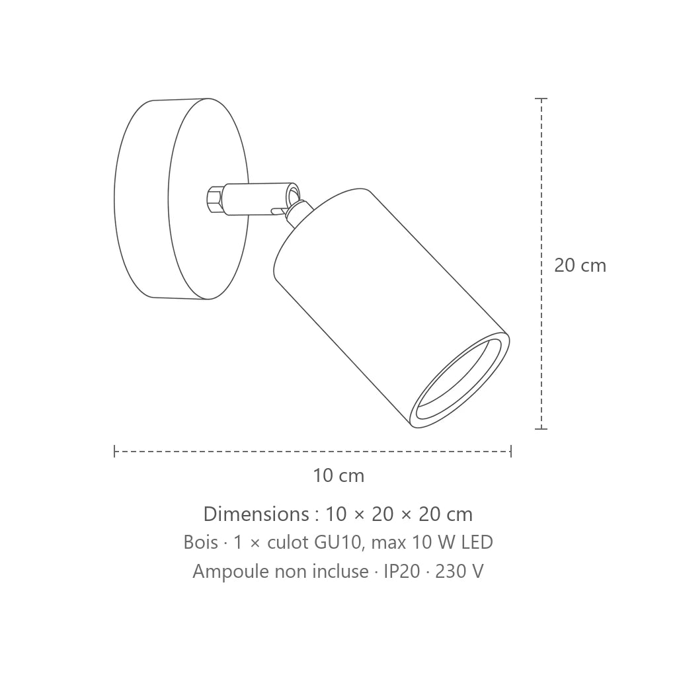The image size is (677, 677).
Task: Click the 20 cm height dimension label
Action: tap(580, 265)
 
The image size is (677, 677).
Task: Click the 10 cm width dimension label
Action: tap(338, 475)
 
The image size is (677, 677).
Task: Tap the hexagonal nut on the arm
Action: tap(215, 200)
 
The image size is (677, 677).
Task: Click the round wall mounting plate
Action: tap(181, 198)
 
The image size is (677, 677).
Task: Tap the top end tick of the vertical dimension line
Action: tap(541, 99)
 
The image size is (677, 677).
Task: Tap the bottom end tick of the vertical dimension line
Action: tap(541, 428)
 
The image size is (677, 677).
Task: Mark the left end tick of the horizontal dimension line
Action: tap(114, 451)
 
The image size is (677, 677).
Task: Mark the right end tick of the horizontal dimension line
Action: tap(511, 451)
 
